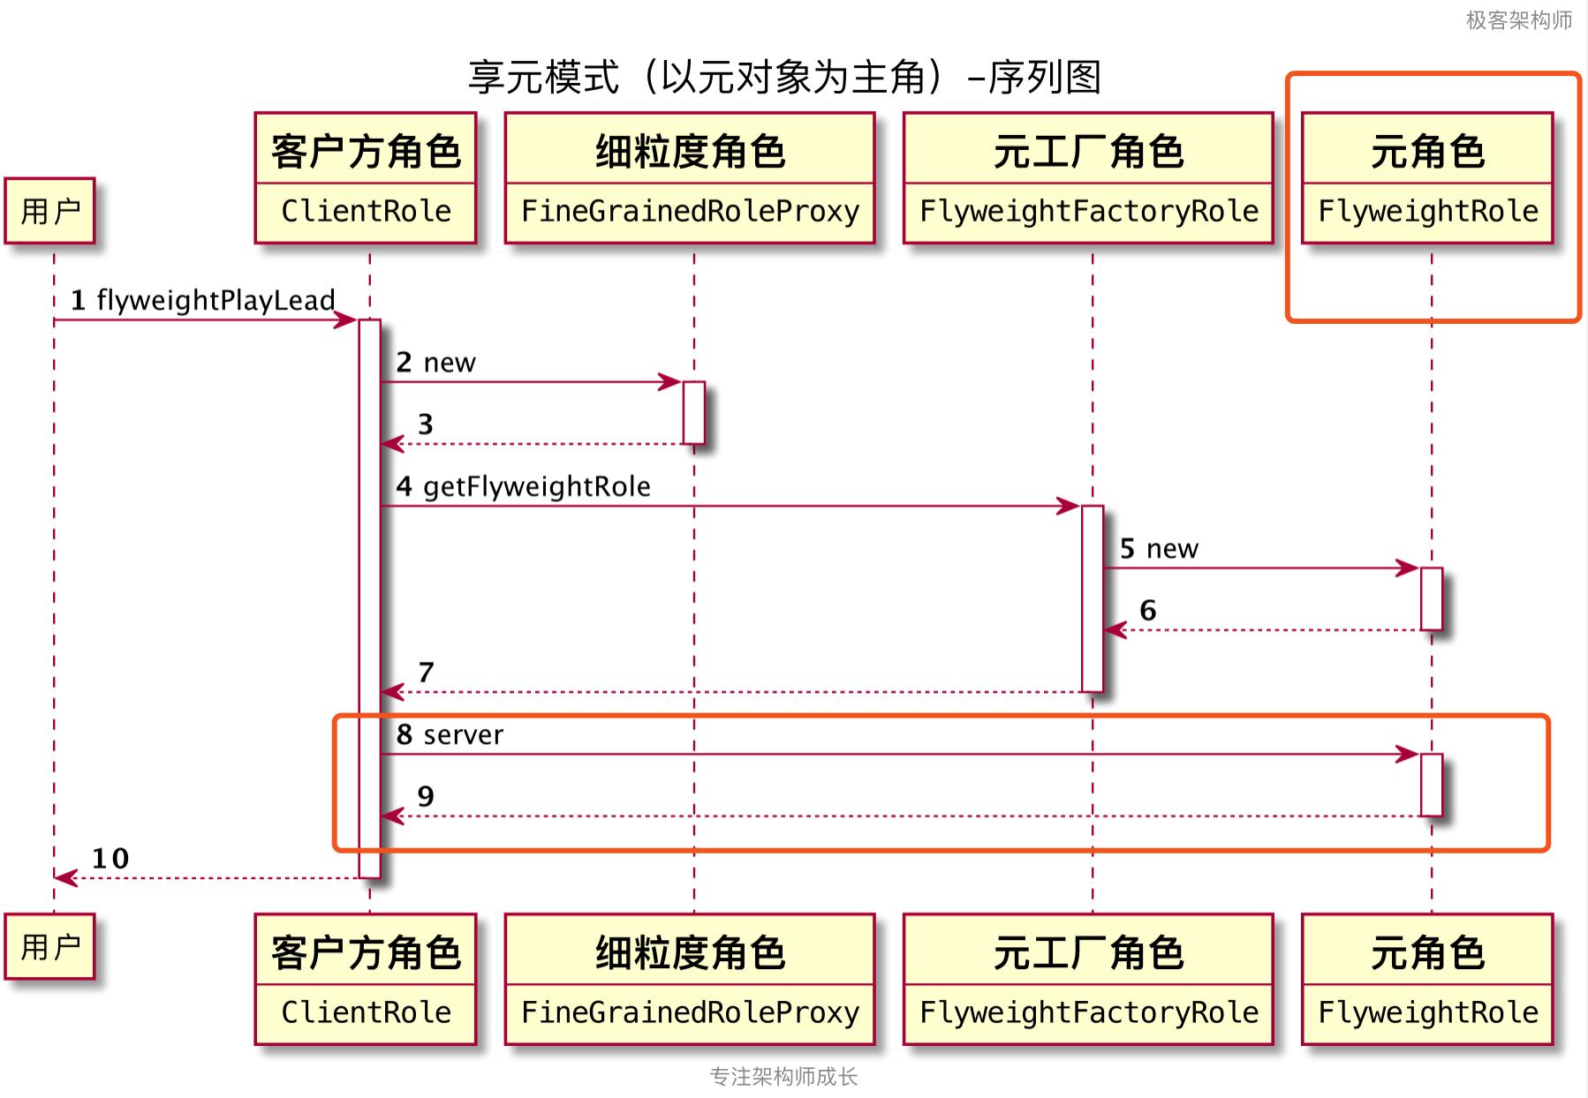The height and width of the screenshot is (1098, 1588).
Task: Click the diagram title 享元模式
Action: pyautogui.click(x=784, y=78)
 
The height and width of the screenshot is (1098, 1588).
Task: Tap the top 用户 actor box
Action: pyautogui.click(x=49, y=211)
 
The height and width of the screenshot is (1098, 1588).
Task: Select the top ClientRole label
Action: pyautogui.click(x=366, y=212)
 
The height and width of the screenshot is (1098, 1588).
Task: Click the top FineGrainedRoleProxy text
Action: pyautogui.click(x=690, y=212)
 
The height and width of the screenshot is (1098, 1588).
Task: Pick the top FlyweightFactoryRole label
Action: pyautogui.click(x=1088, y=212)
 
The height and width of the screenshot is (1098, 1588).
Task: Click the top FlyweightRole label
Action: pyautogui.click(x=1427, y=212)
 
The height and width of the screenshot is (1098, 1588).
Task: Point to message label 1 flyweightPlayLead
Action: pyautogui.click(x=203, y=300)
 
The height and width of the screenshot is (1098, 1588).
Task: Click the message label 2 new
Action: pyautogui.click(x=435, y=363)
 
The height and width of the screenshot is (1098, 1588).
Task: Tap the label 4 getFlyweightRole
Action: pyautogui.click(x=523, y=486)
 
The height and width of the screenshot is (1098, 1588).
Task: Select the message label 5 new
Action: pyautogui.click(x=1159, y=549)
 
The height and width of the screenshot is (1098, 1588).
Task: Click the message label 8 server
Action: pyautogui.click(x=450, y=734)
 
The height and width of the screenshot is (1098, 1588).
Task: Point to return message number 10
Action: pyautogui.click(x=110, y=859)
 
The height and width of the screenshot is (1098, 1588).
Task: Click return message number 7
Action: pyautogui.click(x=426, y=673)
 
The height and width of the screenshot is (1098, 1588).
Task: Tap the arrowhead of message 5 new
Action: pyautogui.click(x=1408, y=568)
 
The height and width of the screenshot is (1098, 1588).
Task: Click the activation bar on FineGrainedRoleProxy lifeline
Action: pyautogui.click(x=693, y=412)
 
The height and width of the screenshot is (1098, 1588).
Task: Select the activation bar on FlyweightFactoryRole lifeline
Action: pyautogui.click(x=1093, y=598)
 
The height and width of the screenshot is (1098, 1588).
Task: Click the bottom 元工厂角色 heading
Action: pyautogui.click(x=1088, y=952)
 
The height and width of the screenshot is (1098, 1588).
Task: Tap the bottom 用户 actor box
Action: pyautogui.click(x=49, y=947)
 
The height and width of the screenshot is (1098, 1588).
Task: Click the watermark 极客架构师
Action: pyautogui.click(x=1518, y=19)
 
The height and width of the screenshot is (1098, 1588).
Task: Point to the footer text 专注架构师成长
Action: pyautogui.click(x=783, y=1077)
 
